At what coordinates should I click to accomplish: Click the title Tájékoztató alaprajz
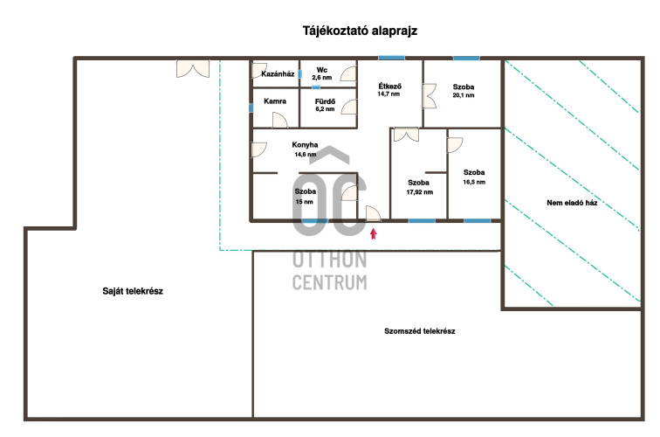[x=347, y=31]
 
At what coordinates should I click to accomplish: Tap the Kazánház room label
[x=277, y=73]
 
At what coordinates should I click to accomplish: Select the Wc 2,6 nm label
[x=321, y=73]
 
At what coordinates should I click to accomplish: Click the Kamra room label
[x=276, y=101]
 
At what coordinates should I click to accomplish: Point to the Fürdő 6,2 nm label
[x=325, y=105]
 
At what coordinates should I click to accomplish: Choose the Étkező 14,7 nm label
[x=388, y=90]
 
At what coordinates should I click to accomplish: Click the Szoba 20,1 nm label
[x=464, y=91]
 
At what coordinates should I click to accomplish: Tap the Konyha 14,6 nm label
[x=305, y=149]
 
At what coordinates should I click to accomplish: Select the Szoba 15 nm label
[x=305, y=196]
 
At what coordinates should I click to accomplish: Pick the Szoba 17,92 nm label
[x=419, y=187]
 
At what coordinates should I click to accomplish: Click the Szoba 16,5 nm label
[x=474, y=177]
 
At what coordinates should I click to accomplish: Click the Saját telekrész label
[x=133, y=292]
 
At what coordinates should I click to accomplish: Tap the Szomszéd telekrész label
[x=420, y=331]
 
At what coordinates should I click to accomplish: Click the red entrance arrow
[x=375, y=232]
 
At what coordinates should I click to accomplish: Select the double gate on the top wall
[x=191, y=67]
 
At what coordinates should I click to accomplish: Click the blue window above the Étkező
[x=390, y=59]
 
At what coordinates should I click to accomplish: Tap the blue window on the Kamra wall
[x=251, y=108]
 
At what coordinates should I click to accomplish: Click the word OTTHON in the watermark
[x=330, y=260]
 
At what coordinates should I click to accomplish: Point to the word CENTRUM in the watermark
[x=330, y=282]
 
